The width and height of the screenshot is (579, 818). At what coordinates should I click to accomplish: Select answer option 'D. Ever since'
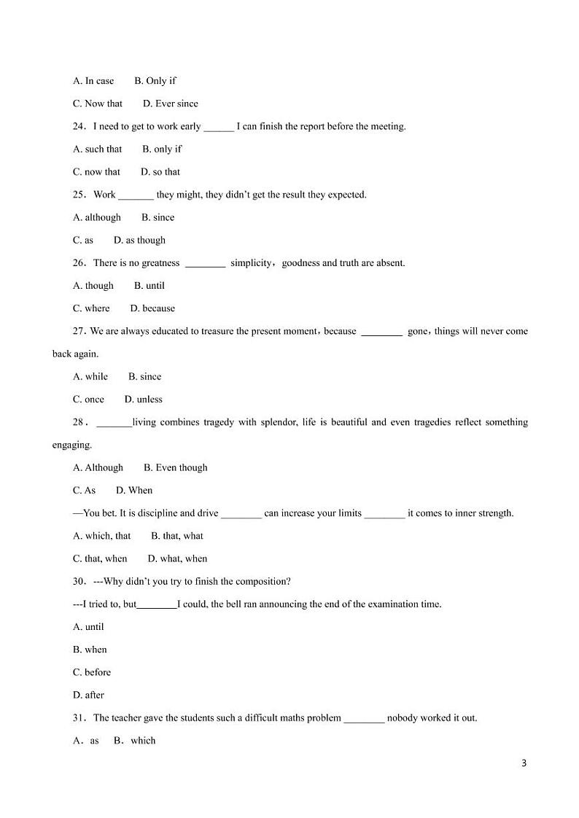pos(171,104)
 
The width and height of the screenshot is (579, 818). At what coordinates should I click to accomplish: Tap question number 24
pos(79,126)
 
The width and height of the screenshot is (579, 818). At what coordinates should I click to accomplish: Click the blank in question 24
pos(218,127)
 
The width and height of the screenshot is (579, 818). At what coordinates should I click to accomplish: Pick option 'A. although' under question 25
pos(97,217)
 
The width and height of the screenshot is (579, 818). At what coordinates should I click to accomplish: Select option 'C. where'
pos(91,308)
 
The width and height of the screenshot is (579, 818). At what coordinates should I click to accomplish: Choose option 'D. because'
pos(152,308)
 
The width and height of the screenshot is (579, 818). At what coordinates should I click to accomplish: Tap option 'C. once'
pos(88,400)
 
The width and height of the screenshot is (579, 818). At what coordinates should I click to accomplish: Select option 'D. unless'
pos(144,400)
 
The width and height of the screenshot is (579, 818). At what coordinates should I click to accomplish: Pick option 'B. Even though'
pos(176,467)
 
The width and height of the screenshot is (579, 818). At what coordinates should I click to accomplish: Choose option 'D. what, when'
pos(177,558)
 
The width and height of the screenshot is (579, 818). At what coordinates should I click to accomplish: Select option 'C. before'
pos(92,672)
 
